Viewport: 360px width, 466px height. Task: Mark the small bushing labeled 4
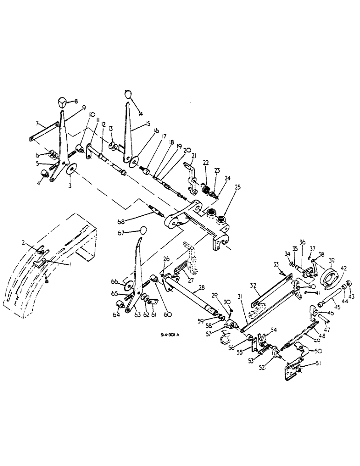coord(45,174)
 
